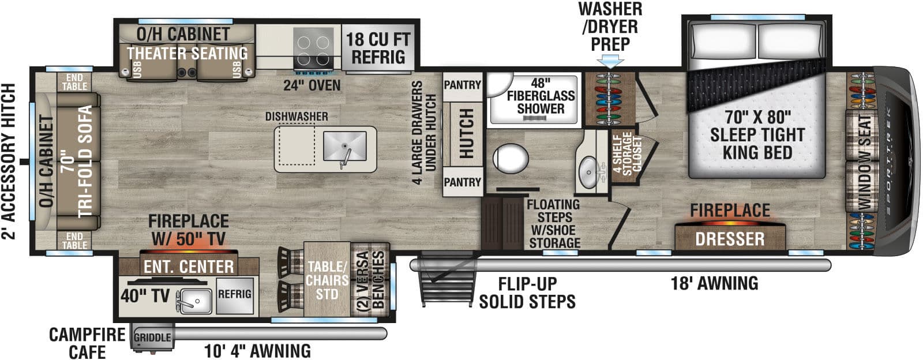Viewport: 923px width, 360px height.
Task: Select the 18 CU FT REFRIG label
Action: (x=378, y=48)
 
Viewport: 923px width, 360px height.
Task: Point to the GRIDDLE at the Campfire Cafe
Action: (x=152, y=337)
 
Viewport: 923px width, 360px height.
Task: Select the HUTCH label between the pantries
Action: (x=465, y=133)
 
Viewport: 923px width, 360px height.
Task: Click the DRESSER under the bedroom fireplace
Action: (x=730, y=238)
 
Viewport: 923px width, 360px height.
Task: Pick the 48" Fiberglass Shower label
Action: (x=541, y=96)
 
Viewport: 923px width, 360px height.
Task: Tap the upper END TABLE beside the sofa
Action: (x=74, y=82)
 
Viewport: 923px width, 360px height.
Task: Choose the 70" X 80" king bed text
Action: (x=757, y=134)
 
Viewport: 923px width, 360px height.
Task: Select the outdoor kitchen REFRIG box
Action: (x=234, y=294)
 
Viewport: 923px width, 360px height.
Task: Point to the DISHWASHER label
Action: (x=297, y=117)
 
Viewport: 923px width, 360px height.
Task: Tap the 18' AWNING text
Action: (x=714, y=283)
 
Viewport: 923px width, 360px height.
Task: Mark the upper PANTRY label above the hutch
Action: (x=462, y=85)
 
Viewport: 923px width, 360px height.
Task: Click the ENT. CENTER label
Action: (x=189, y=267)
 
